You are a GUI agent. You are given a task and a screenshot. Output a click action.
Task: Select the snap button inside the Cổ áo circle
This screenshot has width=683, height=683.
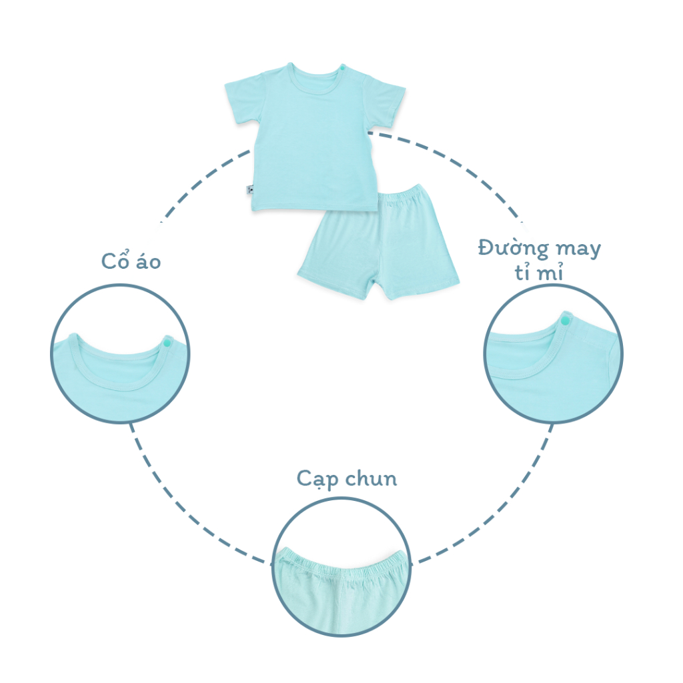(166, 342)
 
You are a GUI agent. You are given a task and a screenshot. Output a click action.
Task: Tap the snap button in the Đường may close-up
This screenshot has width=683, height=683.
(566, 322)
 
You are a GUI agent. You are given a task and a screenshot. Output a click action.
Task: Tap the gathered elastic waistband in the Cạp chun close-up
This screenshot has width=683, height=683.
(341, 559)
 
